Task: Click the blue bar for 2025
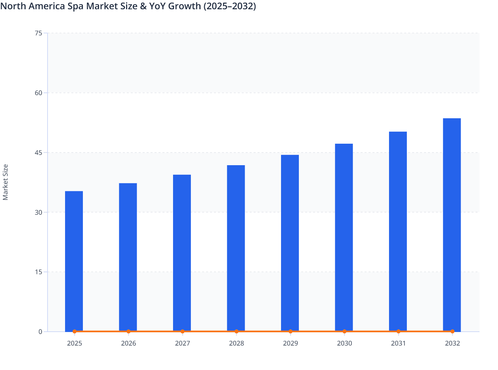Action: click(74, 261)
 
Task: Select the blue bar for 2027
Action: click(182, 253)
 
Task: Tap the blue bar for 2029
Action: click(290, 243)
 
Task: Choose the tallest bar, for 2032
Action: click(452, 225)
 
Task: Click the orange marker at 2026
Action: click(128, 331)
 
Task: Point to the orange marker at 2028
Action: click(236, 331)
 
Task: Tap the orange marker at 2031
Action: click(398, 331)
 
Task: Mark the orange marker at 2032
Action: click(452, 331)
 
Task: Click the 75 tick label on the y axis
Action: click(38, 33)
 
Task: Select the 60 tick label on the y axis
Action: click(38, 93)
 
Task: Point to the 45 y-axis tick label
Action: click(38, 153)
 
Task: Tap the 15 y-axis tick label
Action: click(38, 272)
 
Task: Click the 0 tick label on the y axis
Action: click(40, 332)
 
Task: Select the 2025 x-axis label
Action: click(75, 343)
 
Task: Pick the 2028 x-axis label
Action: click(236, 343)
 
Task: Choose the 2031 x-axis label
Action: click(398, 343)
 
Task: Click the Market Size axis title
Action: click(6, 182)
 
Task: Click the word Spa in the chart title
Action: click(76, 6)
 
